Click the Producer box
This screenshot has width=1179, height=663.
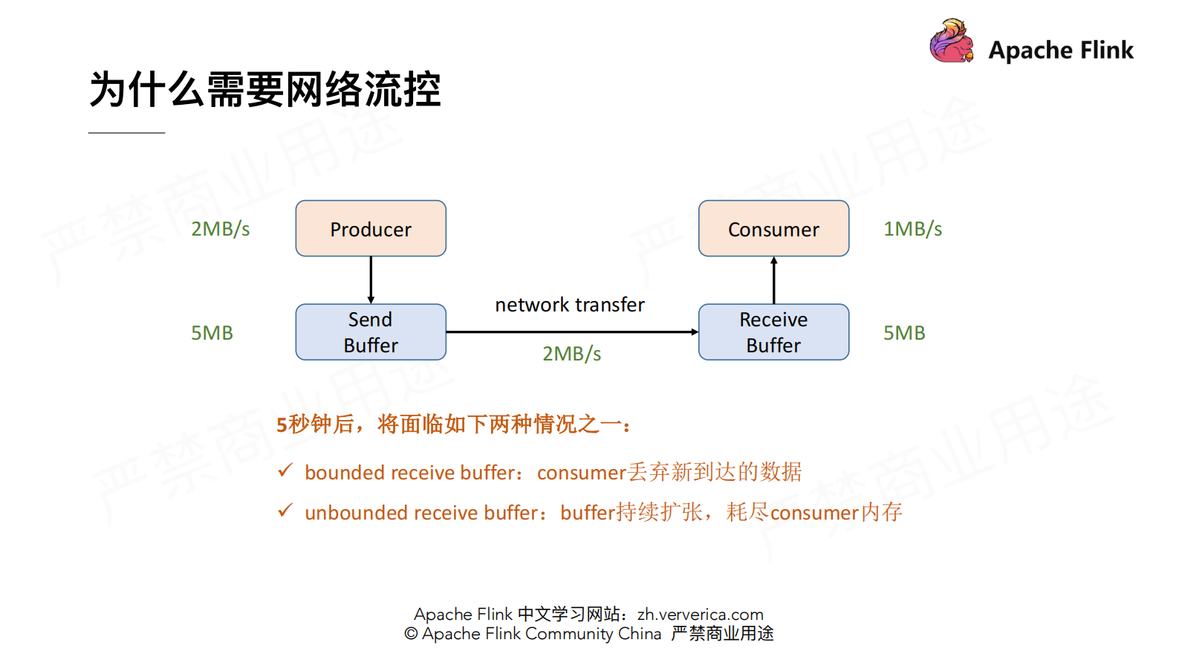(x=371, y=229)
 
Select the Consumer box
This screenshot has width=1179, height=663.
(x=773, y=229)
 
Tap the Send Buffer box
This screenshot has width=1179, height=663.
(x=371, y=332)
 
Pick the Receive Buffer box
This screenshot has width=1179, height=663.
(x=773, y=332)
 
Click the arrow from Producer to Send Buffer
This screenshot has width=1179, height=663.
(x=371, y=280)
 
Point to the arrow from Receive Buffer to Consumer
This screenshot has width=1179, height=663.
(x=773, y=280)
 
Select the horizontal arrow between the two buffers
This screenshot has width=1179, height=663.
(x=572, y=332)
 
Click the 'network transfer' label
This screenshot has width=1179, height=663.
(x=570, y=305)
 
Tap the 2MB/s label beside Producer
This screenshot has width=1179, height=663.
(x=220, y=229)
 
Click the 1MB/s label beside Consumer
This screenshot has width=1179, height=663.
(x=912, y=229)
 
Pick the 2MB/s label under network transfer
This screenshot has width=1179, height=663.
(x=571, y=354)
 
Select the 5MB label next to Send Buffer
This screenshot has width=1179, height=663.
(x=212, y=333)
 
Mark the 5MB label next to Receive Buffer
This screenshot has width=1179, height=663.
(x=904, y=333)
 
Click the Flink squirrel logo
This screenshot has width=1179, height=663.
(x=952, y=42)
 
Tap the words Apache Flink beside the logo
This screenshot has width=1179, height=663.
(x=1061, y=50)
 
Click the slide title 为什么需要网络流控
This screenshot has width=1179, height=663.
(x=265, y=90)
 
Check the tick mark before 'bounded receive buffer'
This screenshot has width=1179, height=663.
(x=285, y=470)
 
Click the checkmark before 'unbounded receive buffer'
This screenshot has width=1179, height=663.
(x=285, y=511)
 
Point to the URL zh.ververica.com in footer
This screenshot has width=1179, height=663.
(x=700, y=615)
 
